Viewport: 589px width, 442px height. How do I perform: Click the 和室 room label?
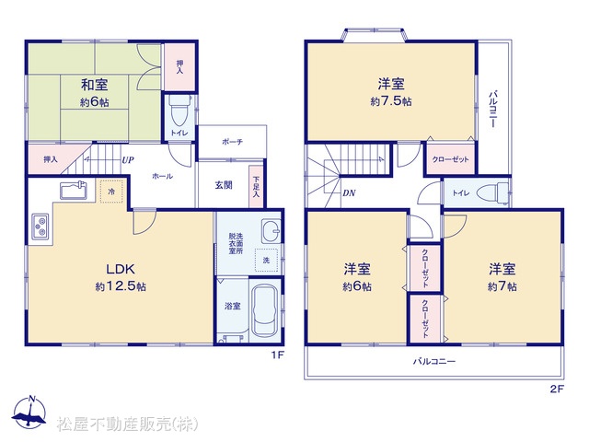pos(94,85)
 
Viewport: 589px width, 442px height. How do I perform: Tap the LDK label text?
pos(121,269)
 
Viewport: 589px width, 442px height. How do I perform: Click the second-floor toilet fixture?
pos(492,193)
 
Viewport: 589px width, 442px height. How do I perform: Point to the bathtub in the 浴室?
pos(264,310)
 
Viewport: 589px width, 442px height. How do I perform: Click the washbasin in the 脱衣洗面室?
pos(271,230)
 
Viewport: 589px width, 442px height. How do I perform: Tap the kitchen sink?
pos(74,190)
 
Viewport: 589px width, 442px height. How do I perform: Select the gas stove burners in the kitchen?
pos(40,226)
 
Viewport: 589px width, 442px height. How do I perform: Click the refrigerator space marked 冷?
pos(111,192)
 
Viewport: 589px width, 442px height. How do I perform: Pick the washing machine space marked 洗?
pos(266,260)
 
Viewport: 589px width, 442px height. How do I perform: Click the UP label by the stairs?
pos(128,160)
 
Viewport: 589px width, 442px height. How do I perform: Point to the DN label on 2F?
pos(349,193)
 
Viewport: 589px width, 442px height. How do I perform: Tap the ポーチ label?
pos(232,142)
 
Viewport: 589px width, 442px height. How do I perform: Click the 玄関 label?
pos(224,185)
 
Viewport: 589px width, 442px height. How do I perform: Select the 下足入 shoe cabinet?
pos(256,187)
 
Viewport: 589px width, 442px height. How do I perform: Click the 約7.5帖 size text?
pos(391,101)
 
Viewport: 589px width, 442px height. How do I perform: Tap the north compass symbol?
pos(29,413)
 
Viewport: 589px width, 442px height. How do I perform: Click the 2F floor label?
pos(558,389)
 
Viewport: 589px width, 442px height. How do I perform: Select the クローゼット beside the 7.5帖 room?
pos(450,159)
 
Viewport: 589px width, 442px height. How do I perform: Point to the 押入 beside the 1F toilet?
pos(179,67)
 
